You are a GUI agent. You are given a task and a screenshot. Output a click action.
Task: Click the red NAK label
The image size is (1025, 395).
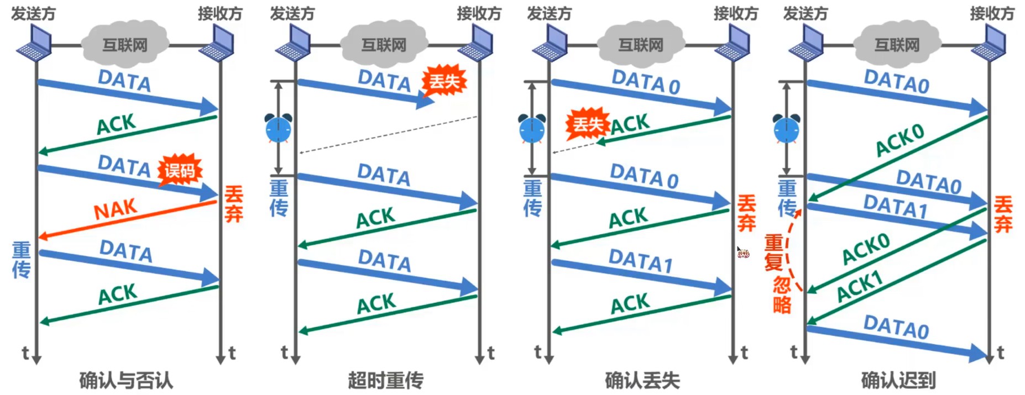pos(116,210)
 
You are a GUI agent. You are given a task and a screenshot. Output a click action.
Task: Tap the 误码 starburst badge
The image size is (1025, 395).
pos(180,170)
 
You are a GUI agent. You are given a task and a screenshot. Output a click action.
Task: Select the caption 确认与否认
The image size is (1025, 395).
pos(126,380)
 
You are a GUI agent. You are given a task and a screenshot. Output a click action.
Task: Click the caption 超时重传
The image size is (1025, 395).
pos(385,380)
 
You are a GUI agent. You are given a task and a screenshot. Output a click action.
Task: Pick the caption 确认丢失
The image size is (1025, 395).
pos(642,380)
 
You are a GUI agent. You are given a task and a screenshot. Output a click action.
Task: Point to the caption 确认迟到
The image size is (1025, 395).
pos(898,380)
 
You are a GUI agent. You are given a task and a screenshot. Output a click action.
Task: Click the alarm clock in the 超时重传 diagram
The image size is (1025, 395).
pos(278,128)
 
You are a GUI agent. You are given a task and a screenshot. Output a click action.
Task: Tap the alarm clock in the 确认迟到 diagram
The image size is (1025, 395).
pos(786,128)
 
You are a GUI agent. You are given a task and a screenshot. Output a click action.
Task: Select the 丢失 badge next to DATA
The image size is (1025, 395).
pos(444,82)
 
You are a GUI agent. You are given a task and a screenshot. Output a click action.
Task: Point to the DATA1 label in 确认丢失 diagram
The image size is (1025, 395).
pos(640,260)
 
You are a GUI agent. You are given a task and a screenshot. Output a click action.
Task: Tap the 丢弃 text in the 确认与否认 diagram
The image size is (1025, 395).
pos(234,204)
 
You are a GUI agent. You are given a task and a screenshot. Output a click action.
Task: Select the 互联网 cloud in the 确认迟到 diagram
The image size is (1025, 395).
pos(897,44)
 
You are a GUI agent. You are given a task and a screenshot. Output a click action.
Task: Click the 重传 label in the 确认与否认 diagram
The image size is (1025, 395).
pos(22,260)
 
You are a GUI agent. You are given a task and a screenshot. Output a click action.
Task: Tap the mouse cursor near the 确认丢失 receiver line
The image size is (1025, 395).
pos(742,253)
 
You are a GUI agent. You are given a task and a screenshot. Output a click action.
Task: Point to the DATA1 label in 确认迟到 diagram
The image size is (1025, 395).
pos(895,207)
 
